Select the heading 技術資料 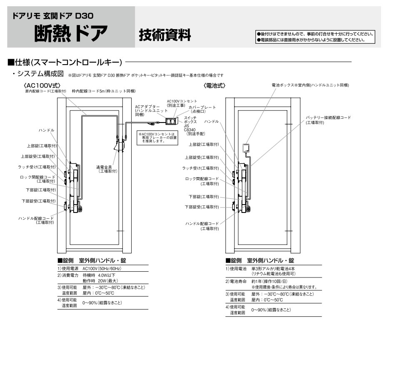pyautogui.click(x=165, y=34)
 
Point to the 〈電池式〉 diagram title pyautogui.click(x=214, y=85)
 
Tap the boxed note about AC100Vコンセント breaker pyautogui.click(x=157, y=137)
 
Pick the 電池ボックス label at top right pyautogui.click(x=310, y=85)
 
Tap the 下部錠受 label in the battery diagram pyautogui.click(x=202, y=207)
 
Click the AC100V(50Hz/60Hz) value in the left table pyautogui.click(x=102, y=269)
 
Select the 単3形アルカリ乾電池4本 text pyautogui.click(x=273, y=269)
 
